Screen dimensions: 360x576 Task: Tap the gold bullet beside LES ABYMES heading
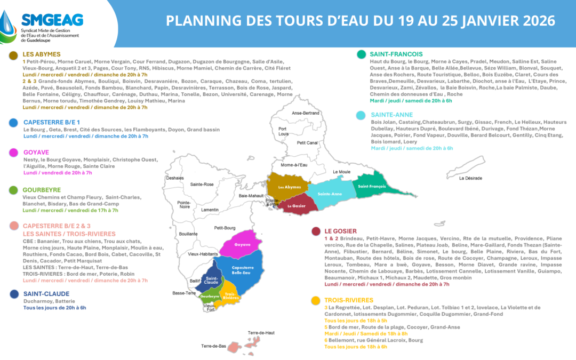pyautogui.click(x=12, y=54)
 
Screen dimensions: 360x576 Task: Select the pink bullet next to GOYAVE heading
pyautogui.click(x=12, y=152)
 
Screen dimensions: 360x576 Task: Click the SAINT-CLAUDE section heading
pyautogui.click(x=46, y=293)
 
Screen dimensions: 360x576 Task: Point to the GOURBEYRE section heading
pyautogui.click(x=42, y=189)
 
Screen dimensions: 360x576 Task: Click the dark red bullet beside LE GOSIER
pyautogui.click(x=316, y=231)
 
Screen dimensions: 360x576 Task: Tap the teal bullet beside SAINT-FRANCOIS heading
pyautogui.click(x=361, y=54)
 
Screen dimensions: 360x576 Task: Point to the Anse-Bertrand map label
pyautogui.click(x=306, y=113)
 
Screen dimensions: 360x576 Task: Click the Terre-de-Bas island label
pyautogui.click(x=214, y=346)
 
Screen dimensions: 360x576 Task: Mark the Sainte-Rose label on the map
pyautogui.click(x=202, y=185)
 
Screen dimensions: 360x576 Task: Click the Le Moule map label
pyautogui.click(x=342, y=172)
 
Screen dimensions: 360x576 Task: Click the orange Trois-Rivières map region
pyautogui.click(x=231, y=297)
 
